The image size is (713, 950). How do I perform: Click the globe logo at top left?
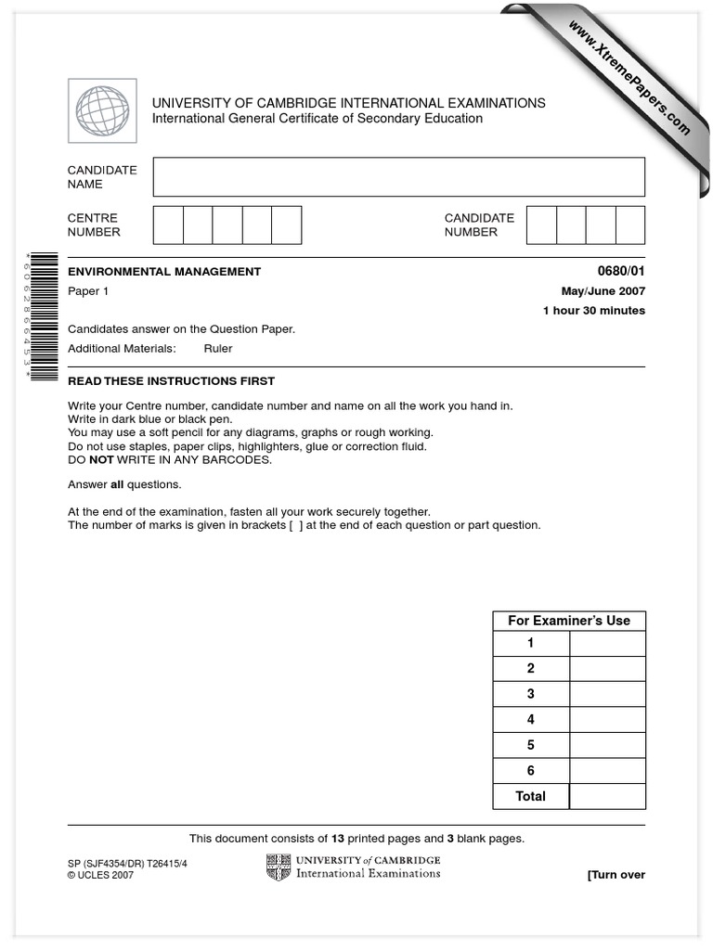[102, 110]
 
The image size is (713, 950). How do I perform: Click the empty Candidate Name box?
[398, 176]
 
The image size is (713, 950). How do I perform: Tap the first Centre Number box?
[168, 225]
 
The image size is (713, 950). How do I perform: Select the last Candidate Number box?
[630, 225]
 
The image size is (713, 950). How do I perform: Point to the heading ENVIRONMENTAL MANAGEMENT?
[164, 272]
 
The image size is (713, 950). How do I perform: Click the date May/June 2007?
[603, 291]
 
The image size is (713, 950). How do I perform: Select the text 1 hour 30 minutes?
[593, 311]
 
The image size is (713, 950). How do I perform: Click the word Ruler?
[218, 349]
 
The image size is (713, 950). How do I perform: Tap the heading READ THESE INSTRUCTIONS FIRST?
[171, 381]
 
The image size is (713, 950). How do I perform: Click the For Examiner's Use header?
[568, 621]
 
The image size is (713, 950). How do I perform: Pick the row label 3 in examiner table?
[530, 694]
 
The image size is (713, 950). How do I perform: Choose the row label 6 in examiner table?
[530, 770]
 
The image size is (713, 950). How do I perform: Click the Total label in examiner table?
[530, 796]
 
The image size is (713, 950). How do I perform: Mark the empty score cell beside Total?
[607, 796]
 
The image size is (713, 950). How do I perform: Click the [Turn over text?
[616, 875]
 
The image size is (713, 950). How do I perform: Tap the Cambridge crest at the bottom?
[279, 868]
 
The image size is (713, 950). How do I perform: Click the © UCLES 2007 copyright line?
[100, 875]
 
